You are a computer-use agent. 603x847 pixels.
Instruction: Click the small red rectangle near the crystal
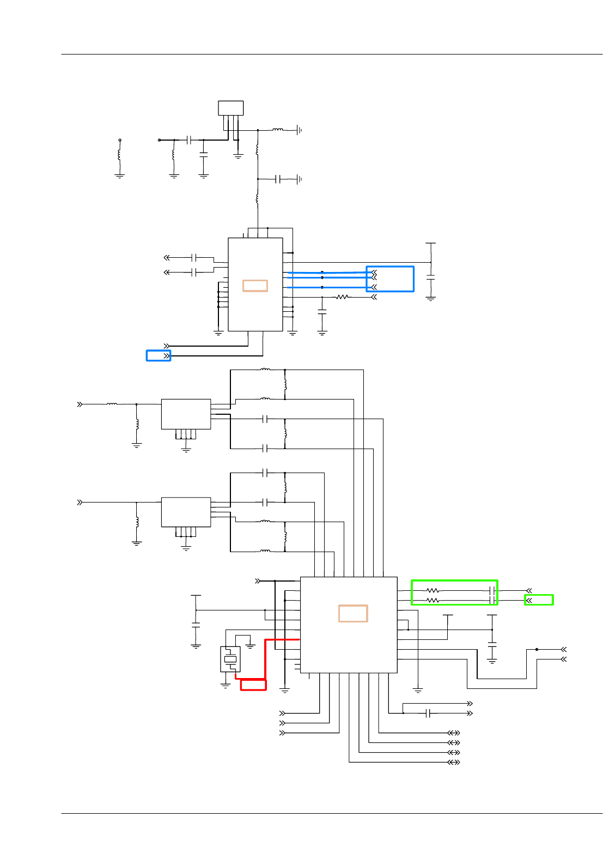point(253,685)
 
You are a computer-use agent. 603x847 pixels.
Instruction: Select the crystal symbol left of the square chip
point(230,659)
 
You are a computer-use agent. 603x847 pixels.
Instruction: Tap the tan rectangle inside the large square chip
point(353,613)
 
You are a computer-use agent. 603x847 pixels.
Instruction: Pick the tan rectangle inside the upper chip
point(255,286)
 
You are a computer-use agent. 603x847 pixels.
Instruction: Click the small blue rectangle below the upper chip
point(159,356)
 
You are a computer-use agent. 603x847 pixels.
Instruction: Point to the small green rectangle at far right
point(539,600)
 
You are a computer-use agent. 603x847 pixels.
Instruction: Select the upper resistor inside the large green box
point(433,590)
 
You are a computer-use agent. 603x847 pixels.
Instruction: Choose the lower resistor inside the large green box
point(433,601)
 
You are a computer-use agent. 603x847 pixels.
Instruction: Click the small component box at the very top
point(231,108)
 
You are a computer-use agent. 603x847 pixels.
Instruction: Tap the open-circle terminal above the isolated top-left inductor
point(120,140)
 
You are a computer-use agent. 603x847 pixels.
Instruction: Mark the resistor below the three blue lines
point(342,297)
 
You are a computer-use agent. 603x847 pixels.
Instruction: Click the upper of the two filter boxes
point(186,414)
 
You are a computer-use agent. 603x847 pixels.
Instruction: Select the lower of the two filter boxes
point(186,512)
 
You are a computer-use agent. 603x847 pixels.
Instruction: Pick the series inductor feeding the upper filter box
point(112,404)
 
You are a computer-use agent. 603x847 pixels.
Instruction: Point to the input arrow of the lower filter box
point(80,502)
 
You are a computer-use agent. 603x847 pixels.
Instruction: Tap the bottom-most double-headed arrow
point(454,762)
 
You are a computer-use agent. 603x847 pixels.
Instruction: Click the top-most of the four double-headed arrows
point(454,733)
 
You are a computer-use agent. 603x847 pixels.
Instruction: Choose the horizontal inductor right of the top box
point(278,130)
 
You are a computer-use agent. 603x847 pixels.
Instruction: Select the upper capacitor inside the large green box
point(492,590)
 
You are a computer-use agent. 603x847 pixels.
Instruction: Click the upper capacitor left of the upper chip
point(194,257)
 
